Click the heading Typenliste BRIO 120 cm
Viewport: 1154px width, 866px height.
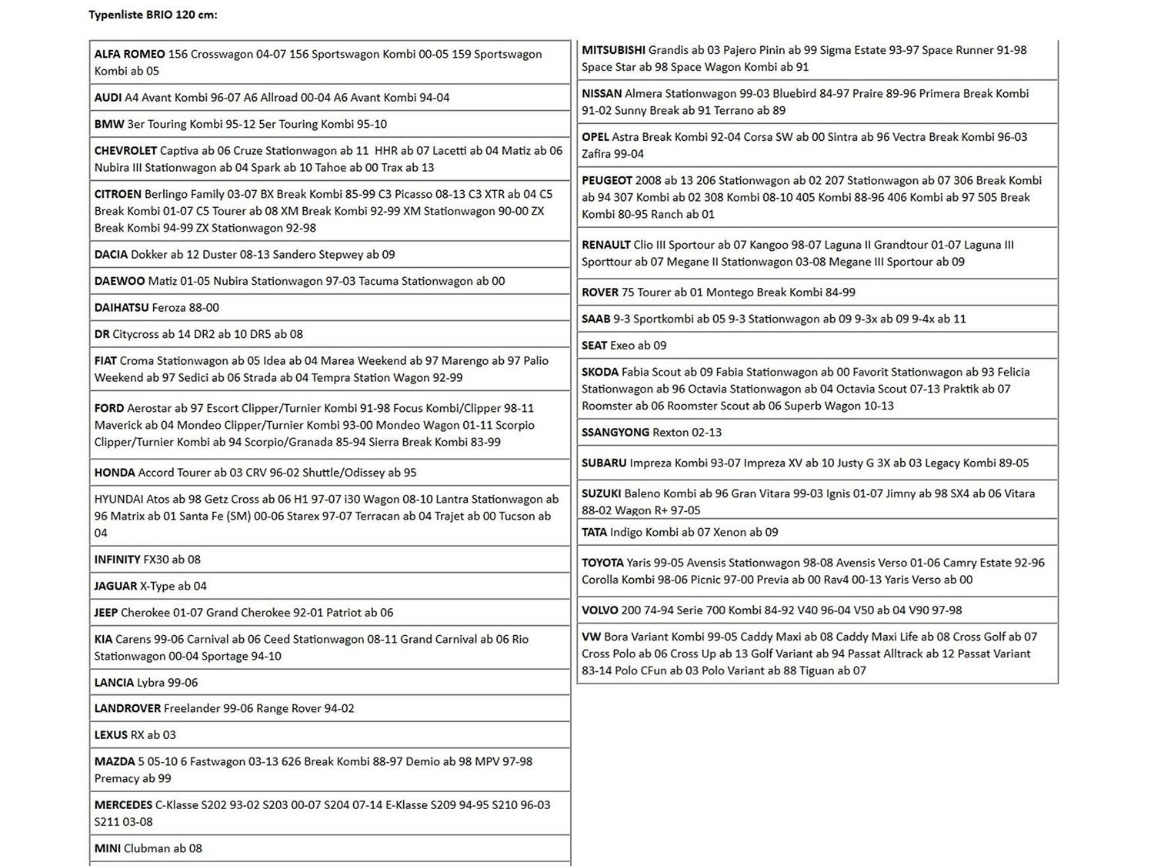pos(152,15)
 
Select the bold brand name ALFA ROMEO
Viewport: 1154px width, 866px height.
pos(129,54)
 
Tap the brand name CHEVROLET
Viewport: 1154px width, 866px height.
pos(125,151)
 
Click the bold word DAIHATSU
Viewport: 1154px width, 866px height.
pos(122,308)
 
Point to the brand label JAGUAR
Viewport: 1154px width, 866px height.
pos(115,587)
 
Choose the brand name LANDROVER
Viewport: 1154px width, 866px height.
pos(128,709)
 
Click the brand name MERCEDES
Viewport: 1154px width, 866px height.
pos(123,805)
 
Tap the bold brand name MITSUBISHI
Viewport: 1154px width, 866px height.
pos(613,50)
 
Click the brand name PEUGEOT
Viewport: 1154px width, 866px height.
pos(607,181)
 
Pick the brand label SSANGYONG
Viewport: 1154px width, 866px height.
pos(615,433)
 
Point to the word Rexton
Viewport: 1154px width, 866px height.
pos(671,433)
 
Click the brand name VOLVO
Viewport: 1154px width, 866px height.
pos(600,610)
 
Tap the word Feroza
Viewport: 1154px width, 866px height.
pos(168,308)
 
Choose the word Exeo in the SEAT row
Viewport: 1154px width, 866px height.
pos(624,346)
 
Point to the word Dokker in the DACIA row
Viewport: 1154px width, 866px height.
pos(148,255)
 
